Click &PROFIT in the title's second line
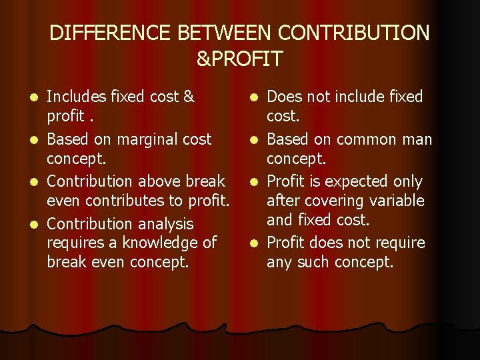pos(239,59)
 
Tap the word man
pos(417,139)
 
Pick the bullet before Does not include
pos(257,98)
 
